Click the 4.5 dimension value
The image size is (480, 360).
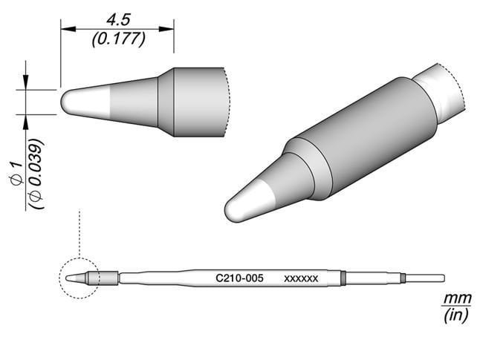tap(117, 16)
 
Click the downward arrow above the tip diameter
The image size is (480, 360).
tap(27, 83)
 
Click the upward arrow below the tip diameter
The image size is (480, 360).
tap(27, 121)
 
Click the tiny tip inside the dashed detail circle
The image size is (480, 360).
tap(74, 278)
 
